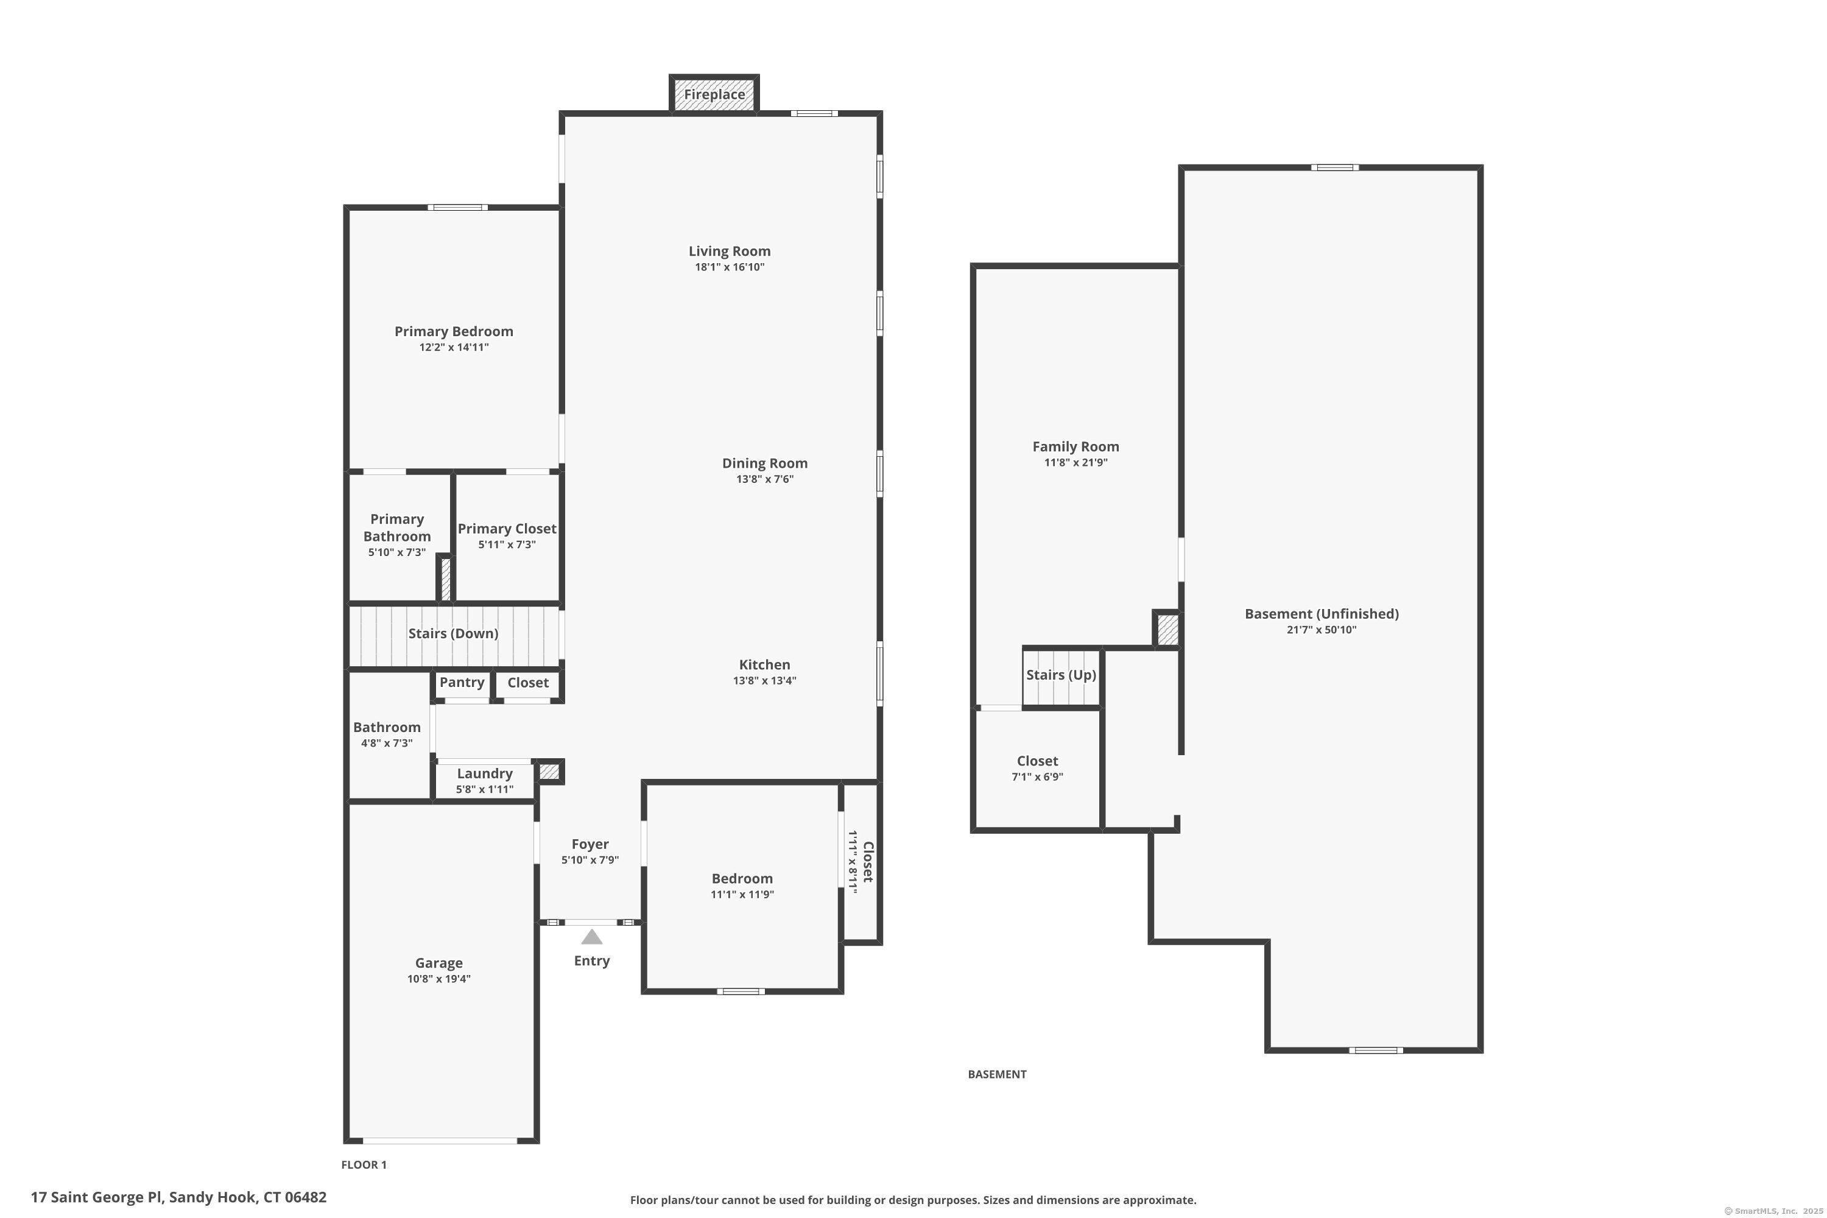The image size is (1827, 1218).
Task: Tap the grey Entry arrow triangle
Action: pyautogui.click(x=592, y=937)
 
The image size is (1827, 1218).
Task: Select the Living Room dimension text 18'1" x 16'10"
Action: pyautogui.click(x=730, y=267)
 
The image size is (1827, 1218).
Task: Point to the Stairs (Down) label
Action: pyautogui.click(x=454, y=634)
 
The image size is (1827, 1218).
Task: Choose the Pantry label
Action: pyautogui.click(x=462, y=682)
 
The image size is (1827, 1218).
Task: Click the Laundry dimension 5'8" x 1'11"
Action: pyautogui.click(x=485, y=790)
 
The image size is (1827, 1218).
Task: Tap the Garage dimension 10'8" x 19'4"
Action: pyautogui.click(x=439, y=979)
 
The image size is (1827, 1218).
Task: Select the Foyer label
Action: pyautogui.click(x=590, y=844)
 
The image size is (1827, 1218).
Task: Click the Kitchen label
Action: pyautogui.click(x=765, y=665)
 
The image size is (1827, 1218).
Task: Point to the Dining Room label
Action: pyautogui.click(x=765, y=463)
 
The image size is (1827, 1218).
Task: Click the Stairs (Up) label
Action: pyautogui.click(x=1061, y=675)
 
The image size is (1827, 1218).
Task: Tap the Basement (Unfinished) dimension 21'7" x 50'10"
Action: pyautogui.click(x=1322, y=630)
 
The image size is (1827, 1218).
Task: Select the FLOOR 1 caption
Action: pyautogui.click(x=364, y=1164)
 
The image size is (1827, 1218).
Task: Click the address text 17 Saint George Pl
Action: pyautogui.click(x=96, y=1197)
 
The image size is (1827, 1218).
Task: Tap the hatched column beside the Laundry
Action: pyautogui.click(x=549, y=772)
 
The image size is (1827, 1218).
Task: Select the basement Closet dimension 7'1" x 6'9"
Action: pyautogui.click(x=1038, y=777)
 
